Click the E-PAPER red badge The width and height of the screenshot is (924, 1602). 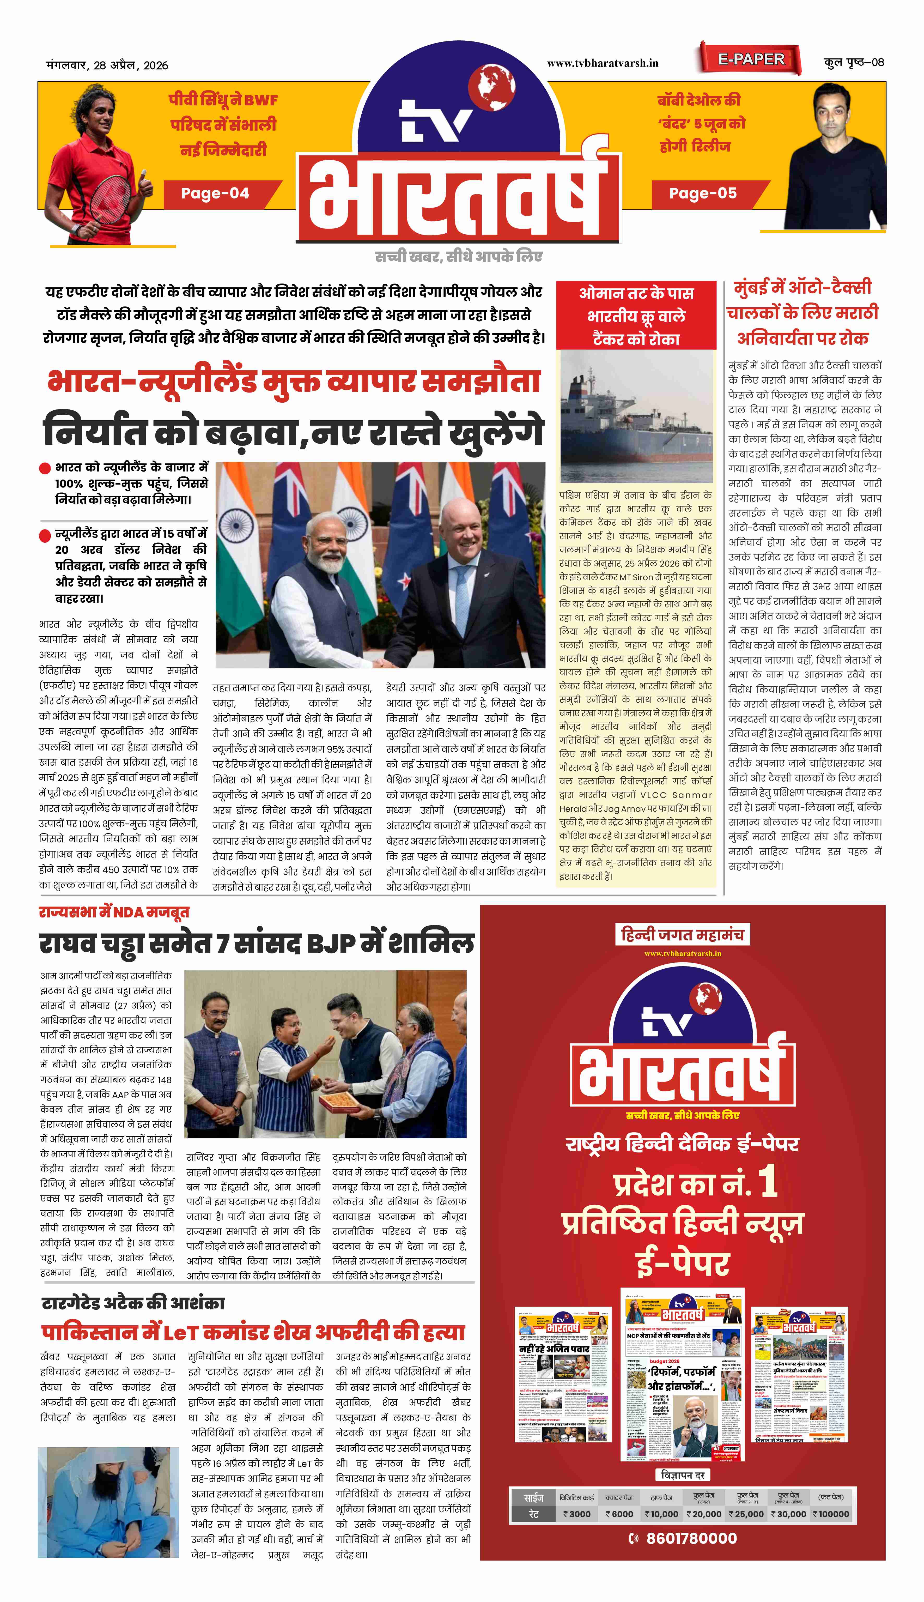[x=751, y=60]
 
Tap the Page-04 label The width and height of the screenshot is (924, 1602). [x=215, y=194]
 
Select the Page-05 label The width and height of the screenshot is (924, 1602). [x=703, y=194]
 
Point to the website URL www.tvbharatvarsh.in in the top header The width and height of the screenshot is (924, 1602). [x=602, y=63]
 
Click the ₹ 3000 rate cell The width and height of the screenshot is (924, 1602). [x=577, y=1514]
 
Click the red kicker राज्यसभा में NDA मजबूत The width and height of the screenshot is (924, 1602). [x=114, y=912]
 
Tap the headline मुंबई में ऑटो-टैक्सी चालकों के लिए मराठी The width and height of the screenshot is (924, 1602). [x=803, y=312]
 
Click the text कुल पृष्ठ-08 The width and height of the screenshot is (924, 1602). [x=854, y=62]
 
